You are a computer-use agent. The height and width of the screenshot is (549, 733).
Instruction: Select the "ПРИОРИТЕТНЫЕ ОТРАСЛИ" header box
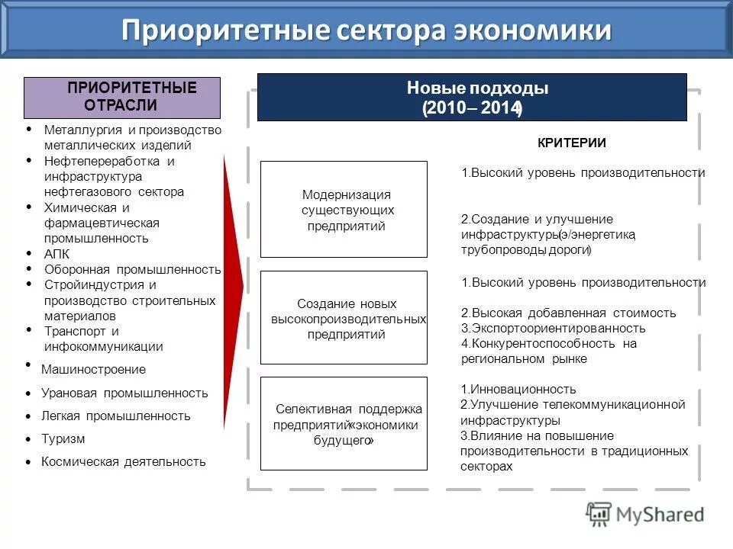coord(122,97)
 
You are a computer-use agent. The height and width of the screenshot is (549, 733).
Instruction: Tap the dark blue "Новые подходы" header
coord(472,97)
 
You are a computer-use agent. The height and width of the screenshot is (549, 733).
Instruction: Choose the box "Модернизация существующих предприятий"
coord(344,209)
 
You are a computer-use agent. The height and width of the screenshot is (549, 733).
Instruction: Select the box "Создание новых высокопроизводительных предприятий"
coord(344,317)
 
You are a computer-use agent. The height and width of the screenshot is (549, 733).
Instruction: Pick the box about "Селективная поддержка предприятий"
coord(344,423)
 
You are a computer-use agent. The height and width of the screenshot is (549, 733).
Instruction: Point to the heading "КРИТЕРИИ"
coord(571,143)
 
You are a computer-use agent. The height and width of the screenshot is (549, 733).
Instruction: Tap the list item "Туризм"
coord(63,439)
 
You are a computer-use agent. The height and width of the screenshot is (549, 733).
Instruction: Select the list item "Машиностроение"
coord(93,369)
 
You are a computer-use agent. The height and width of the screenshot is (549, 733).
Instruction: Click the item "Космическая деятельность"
coord(124,461)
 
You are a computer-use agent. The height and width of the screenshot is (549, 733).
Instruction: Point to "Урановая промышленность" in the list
coord(124,393)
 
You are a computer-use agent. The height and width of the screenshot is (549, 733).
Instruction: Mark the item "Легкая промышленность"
coord(116,416)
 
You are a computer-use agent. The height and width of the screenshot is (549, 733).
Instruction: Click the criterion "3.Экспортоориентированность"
coord(554,329)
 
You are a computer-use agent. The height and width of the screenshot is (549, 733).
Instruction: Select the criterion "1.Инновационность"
coord(518,390)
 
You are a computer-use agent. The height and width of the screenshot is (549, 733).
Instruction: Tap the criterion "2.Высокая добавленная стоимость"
coord(569,313)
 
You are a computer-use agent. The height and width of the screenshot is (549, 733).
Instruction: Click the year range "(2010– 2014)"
coord(472,109)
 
